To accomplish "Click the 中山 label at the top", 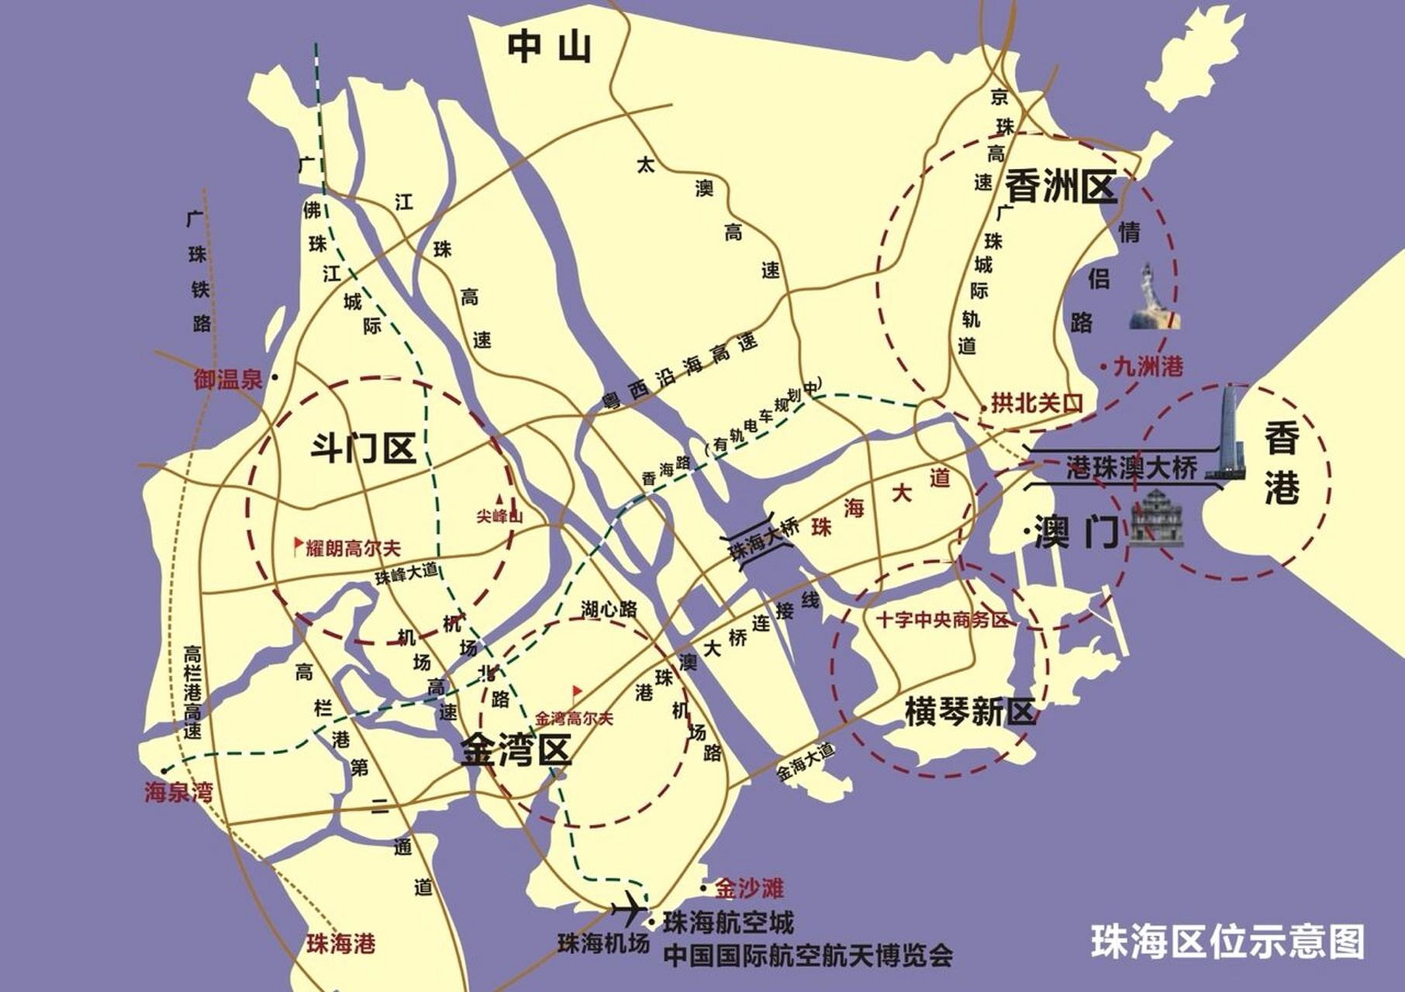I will point(549,46).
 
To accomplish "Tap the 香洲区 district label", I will point(1061,188).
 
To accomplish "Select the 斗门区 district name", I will point(363,448).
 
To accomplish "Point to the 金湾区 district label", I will point(516,750).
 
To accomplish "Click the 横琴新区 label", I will point(970,711).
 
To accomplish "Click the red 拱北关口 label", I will point(1036,405).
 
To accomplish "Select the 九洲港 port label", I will point(1147,366).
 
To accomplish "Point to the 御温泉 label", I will point(228,380).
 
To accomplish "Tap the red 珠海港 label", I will point(340,943).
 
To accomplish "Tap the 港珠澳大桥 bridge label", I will point(1131,467).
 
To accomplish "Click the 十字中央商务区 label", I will point(941,620).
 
